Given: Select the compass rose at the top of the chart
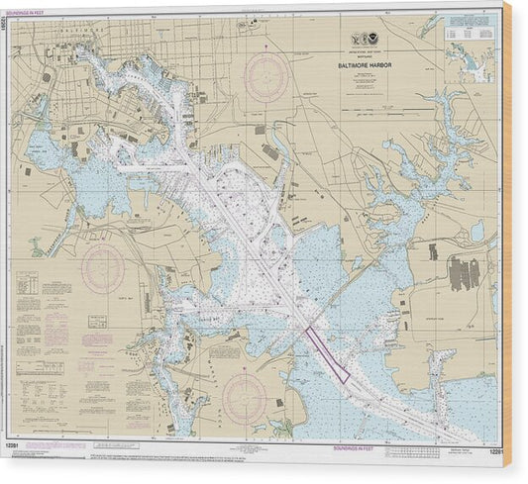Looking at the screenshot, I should [x=267, y=74].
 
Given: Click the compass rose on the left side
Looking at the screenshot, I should [x=102, y=268].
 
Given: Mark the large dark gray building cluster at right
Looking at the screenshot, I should [x=466, y=271].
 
